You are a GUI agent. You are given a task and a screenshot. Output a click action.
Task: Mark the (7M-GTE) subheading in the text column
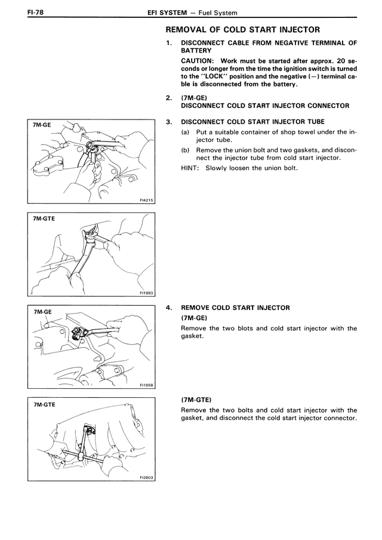pyautogui.click(x=196, y=398)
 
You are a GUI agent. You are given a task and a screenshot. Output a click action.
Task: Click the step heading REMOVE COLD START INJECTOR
pyautogui.click(x=235, y=308)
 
